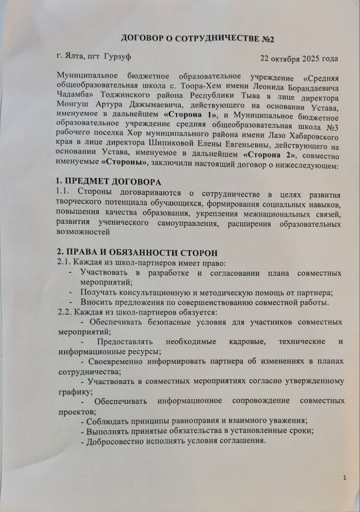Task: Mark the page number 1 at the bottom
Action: point(345,477)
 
